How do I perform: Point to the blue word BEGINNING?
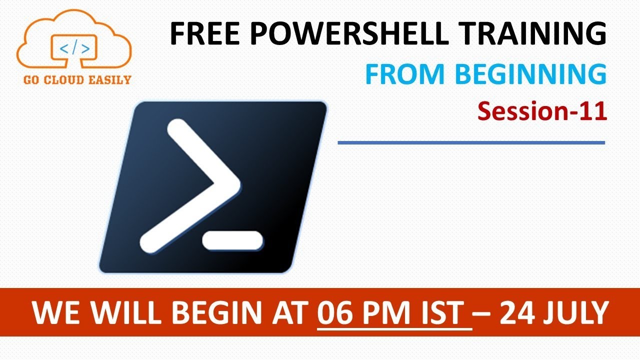pos(531,74)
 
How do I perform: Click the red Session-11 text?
pos(542,111)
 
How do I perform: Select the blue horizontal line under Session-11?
pos(471,143)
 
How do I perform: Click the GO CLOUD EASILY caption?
pos(74,79)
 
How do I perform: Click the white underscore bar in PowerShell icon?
pos(232,241)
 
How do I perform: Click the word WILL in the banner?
pos(121,313)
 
